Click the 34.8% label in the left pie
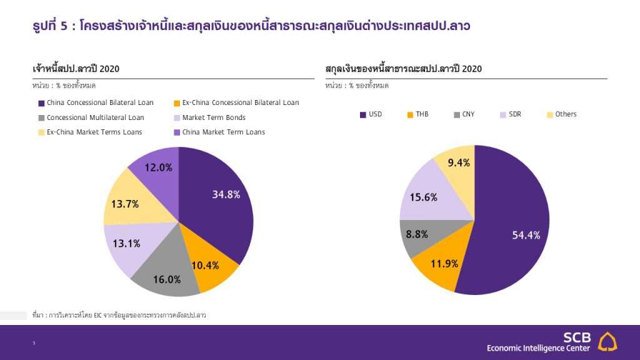tap(226, 194)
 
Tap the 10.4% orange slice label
tap(205, 265)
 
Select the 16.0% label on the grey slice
tap(167, 279)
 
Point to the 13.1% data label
tap(126, 244)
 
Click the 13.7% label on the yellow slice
tap(125, 204)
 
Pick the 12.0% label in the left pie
tap(158, 167)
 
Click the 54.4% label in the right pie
tap(526, 235)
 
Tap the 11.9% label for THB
tap(444, 264)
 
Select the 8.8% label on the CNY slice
tap(417, 234)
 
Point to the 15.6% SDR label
tap(423, 197)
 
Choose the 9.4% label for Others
tap(459, 163)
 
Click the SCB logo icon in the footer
tap(607, 342)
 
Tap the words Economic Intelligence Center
tap(538, 348)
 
